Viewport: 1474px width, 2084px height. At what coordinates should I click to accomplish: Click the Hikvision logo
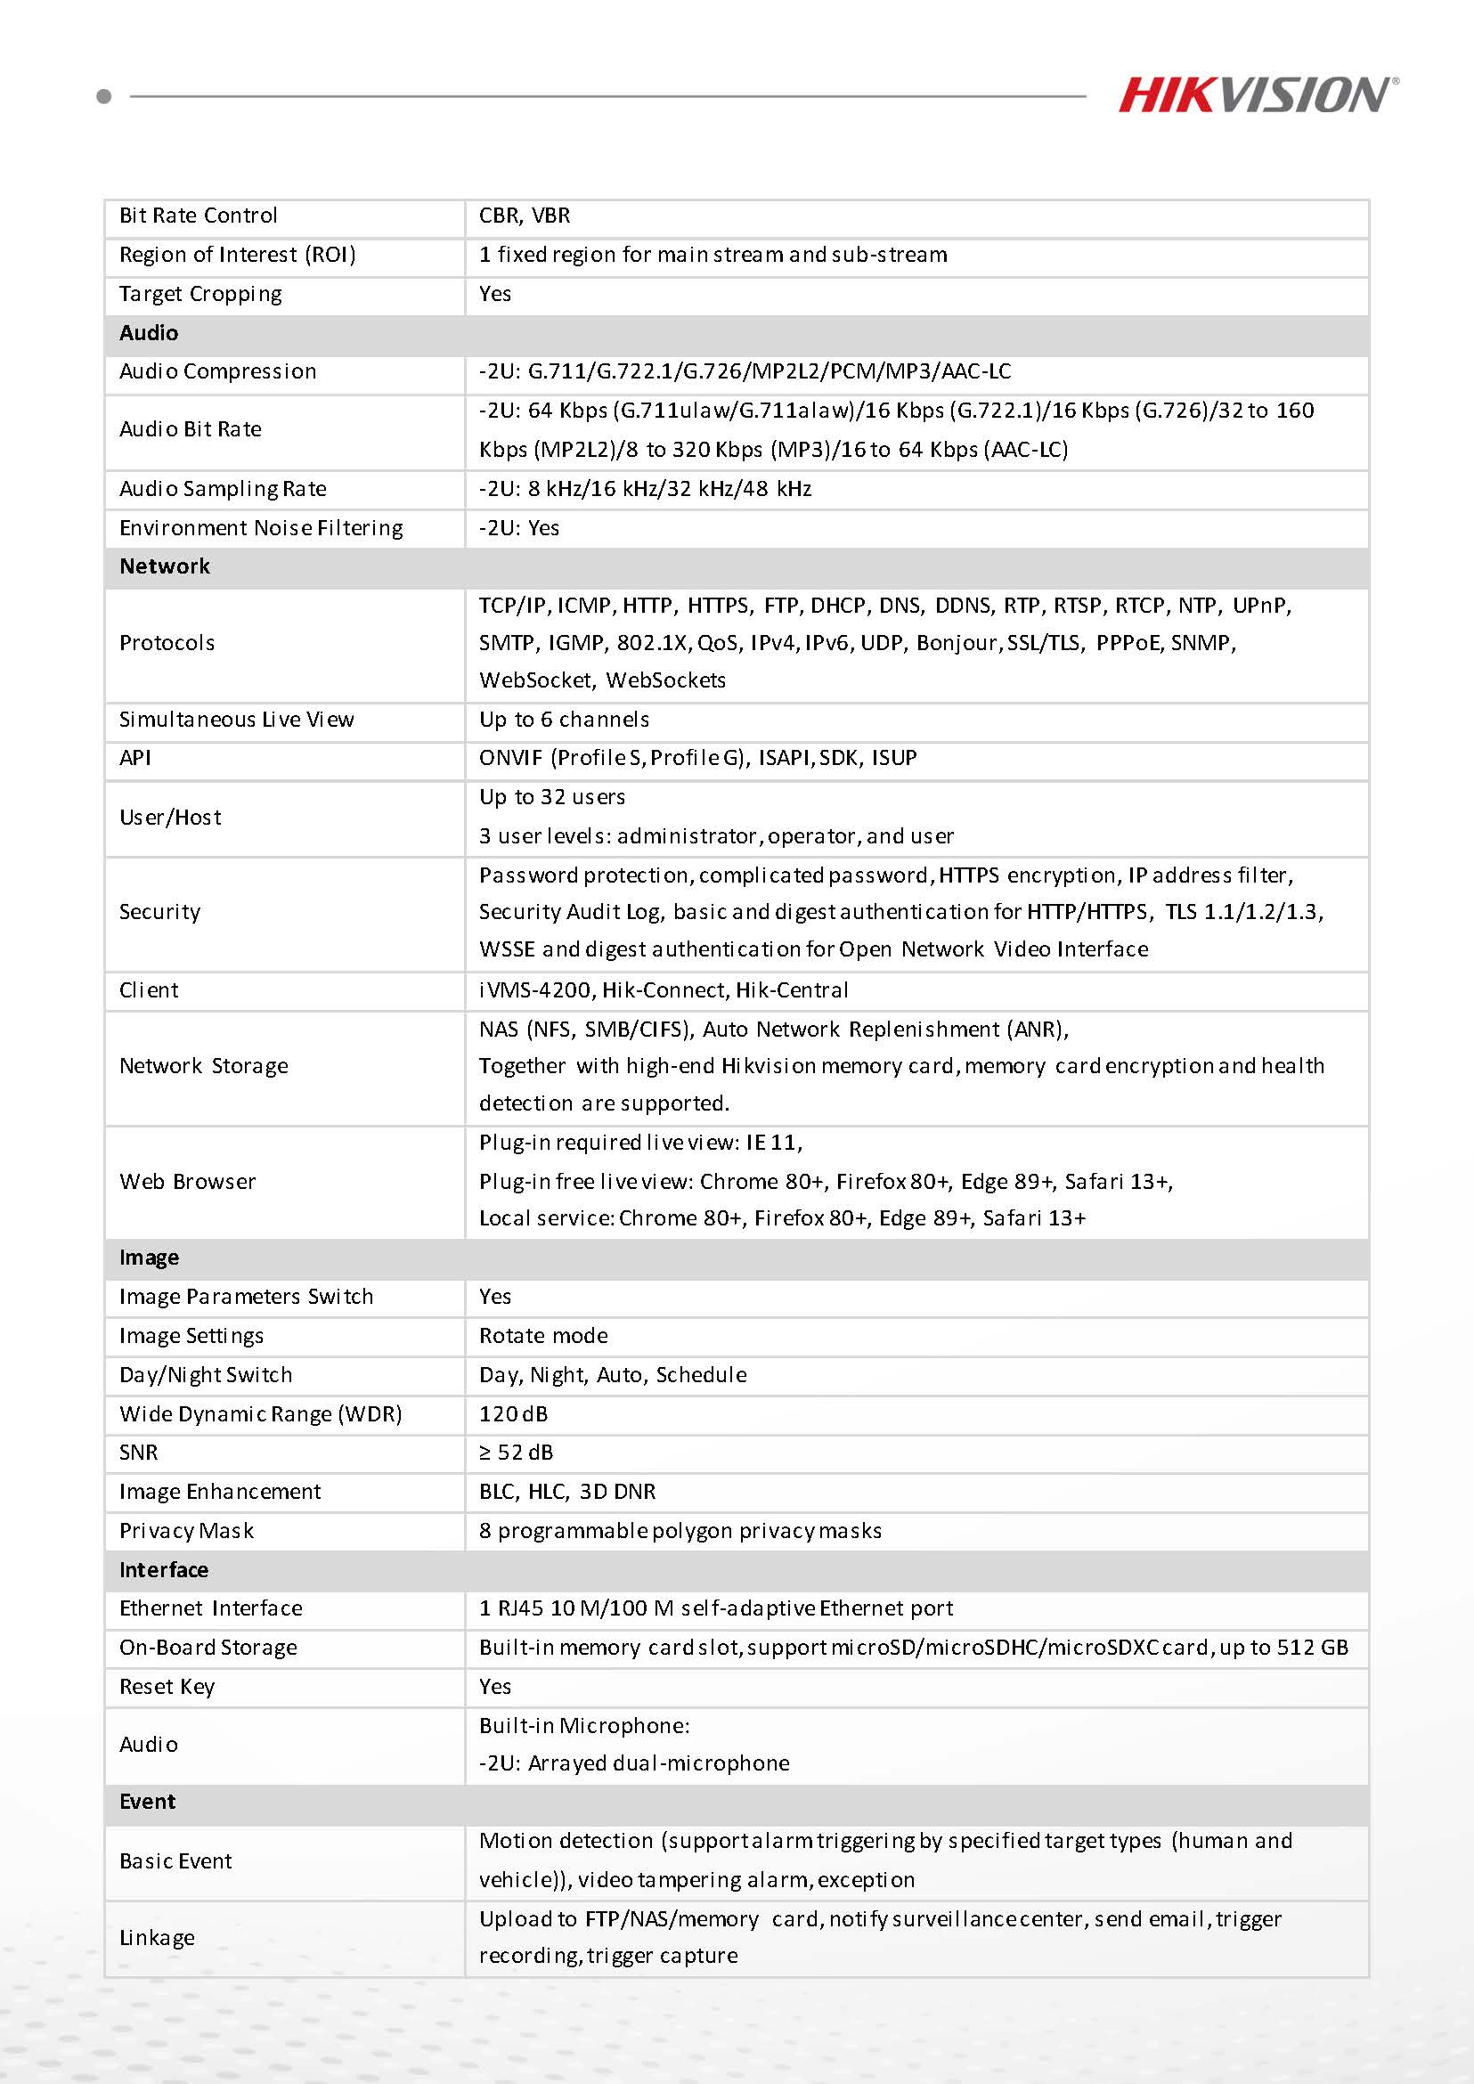(x=1257, y=95)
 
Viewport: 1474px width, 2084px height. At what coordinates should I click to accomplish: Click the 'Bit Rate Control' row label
(x=198, y=216)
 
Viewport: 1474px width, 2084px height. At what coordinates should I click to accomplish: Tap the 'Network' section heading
(x=164, y=566)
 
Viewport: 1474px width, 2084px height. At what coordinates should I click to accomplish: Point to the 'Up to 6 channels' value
(x=564, y=720)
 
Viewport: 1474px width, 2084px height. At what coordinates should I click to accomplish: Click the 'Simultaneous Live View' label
(x=236, y=720)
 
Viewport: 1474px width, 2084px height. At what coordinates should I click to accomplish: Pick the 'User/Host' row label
(x=170, y=818)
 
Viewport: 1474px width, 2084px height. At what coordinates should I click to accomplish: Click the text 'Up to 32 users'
(x=552, y=797)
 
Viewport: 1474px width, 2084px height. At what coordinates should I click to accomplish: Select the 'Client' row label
(x=149, y=990)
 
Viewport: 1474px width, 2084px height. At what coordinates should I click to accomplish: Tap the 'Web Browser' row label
(x=187, y=1182)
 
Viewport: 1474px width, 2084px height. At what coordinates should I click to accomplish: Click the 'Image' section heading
(x=149, y=1258)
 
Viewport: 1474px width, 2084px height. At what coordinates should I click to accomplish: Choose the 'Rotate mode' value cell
(x=542, y=1336)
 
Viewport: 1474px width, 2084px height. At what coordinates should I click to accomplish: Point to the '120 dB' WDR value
(x=513, y=1414)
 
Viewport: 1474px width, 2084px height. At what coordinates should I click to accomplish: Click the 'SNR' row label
(x=138, y=1453)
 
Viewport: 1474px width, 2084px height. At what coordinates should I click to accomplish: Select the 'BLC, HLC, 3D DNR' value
(x=566, y=1491)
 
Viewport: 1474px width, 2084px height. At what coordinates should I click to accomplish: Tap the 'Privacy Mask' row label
(x=186, y=1531)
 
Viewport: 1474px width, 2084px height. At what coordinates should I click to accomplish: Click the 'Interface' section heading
(x=163, y=1570)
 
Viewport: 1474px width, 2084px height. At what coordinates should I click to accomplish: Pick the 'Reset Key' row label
(x=167, y=1687)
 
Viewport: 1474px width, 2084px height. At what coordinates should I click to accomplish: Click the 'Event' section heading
(x=147, y=1802)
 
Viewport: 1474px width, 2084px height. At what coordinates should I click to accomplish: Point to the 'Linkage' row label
(x=157, y=1938)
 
